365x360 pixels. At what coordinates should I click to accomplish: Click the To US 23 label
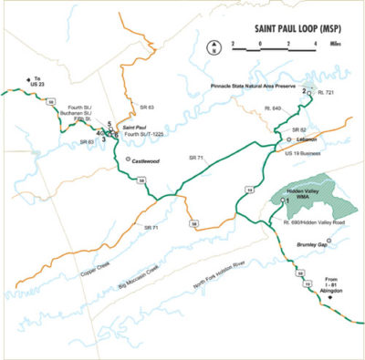pos(36,81)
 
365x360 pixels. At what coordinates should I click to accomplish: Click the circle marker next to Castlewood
pos(128,159)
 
